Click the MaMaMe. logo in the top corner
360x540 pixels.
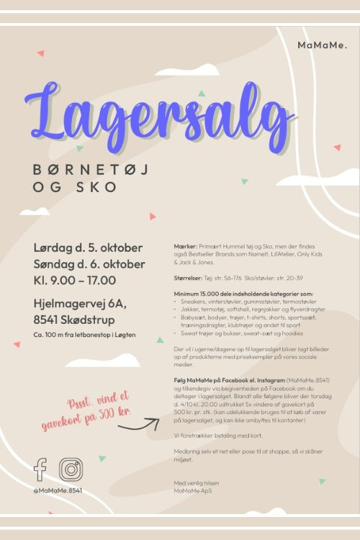[322, 45]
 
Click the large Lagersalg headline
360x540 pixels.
[158, 115]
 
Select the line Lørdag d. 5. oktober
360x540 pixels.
[88, 248]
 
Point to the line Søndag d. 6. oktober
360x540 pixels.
[89, 264]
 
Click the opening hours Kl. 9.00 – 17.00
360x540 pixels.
[75, 280]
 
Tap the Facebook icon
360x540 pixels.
[40, 469]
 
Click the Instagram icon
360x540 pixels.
[71, 469]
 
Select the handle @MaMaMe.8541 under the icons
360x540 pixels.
[58, 490]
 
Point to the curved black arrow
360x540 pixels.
[138, 425]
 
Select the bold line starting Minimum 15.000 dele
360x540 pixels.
[244, 294]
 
